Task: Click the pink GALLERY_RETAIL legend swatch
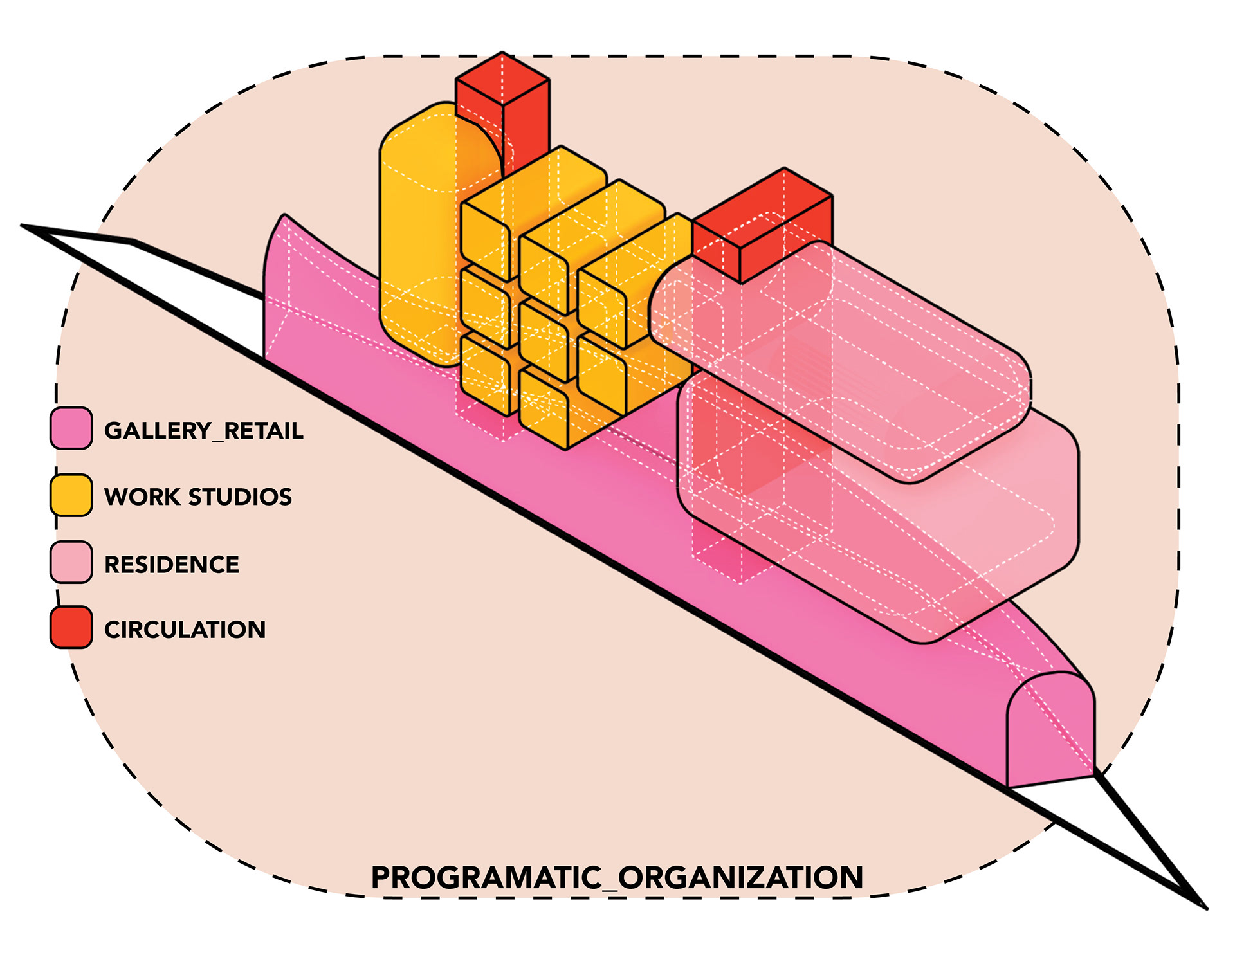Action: tap(71, 428)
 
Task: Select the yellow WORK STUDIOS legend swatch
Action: tap(71, 495)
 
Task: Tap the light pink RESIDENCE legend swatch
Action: tap(71, 562)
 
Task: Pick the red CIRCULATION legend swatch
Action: tap(71, 627)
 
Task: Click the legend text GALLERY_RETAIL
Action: tap(203, 431)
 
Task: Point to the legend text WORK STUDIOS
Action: tap(198, 497)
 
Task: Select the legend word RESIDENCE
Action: tap(172, 565)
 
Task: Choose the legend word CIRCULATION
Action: tap(185, 630)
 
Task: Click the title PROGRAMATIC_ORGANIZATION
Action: tap(617, 878)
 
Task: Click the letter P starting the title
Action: tap(382, 878)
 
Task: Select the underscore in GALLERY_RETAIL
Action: tap(217, 440)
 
